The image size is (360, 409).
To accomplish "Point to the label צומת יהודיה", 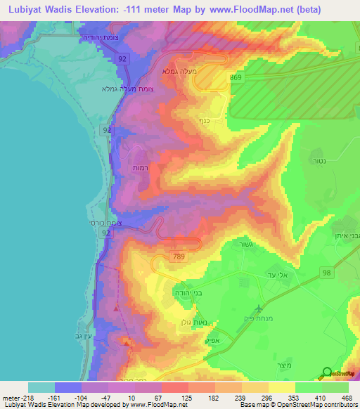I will point(103,34).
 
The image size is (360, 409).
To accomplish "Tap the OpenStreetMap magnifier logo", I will point(328,373).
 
